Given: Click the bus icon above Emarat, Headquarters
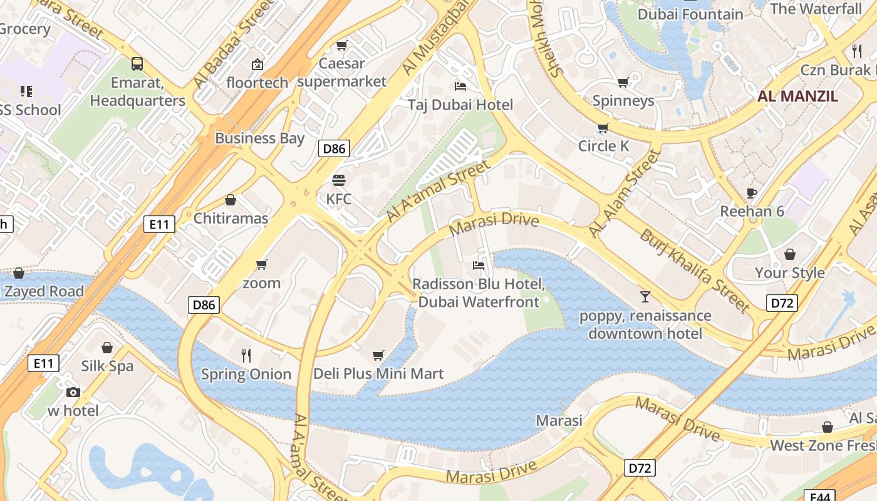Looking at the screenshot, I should tap(137, 63).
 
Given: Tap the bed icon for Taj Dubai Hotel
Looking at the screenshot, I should tap(460, 86).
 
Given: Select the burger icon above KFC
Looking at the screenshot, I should tap(339, 180).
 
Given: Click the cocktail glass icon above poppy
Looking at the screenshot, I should tap(645, 296).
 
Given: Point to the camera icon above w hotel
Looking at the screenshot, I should tap(73, 392).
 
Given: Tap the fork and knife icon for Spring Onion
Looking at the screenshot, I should tap(246, 356).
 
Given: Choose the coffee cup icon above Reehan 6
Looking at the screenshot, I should tap(752, 192).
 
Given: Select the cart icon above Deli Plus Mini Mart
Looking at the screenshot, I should tap(378, 355).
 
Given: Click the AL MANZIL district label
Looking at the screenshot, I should tap(797, 96).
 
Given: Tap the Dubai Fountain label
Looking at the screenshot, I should tap(690, 14).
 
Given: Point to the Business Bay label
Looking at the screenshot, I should tap(259, 138).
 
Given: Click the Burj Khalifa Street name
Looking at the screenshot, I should tap(695, 270).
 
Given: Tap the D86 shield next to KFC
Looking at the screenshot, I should tap(334, 148).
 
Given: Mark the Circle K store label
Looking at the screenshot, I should tap(603, 146).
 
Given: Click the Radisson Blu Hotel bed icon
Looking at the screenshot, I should tap(478, 266).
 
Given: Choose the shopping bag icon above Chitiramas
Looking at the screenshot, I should tap(231, 200).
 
